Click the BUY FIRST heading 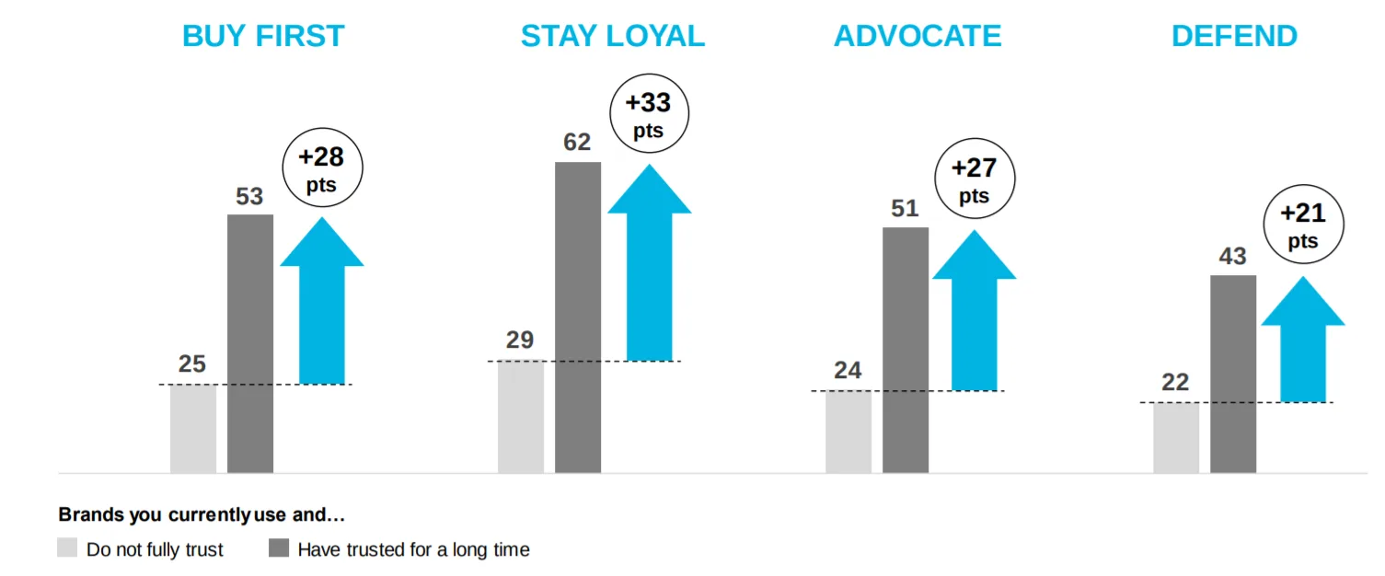(263, 36)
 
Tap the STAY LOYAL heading (612, 36)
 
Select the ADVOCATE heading (918, 36)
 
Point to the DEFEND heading (1234, 36)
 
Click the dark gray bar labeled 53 (250, 343)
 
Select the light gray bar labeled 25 (193, 429)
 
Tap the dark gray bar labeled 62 (578, 317)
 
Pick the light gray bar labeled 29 (521, 417)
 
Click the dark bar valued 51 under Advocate (906, 350)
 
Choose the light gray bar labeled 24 (848, 432)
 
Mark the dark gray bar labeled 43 (1233, 374)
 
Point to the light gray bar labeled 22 (1176, 438)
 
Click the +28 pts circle (321, 168)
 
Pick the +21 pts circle (1303, 225)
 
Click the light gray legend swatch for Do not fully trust (67, 548)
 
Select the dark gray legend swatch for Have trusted (279, 548)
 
